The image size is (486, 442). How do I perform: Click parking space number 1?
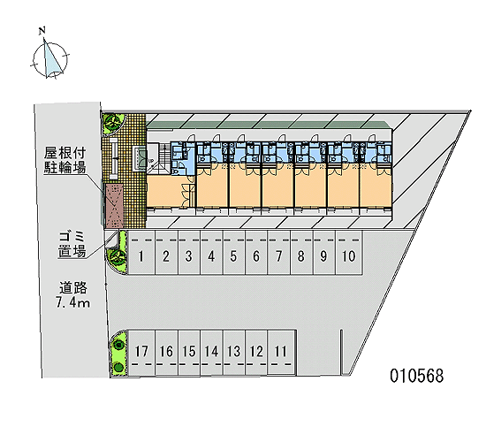coord(141,253)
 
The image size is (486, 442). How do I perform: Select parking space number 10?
coord(349,253)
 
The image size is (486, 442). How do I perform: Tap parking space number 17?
coord(141,353)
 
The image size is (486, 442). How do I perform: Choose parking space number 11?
coord(281,353)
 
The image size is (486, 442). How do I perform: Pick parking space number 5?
coord(234,253)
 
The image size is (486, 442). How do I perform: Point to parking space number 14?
coord(212,353)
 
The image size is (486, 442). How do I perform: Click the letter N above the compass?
coord(42,30)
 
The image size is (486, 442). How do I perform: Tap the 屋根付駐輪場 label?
coord(65,160)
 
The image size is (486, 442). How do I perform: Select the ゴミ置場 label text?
coord(72,244)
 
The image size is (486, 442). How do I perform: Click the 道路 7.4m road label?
coord(73,294)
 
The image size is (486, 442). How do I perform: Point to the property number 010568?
coord(416,376)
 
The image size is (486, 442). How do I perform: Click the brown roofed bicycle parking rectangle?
coord(114,206)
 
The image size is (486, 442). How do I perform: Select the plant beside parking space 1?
coord(118,256)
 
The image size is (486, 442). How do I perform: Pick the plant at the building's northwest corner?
coord(112,122)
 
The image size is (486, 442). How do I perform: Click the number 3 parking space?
coord(189,253)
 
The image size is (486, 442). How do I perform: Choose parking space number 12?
coord(256,353)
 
